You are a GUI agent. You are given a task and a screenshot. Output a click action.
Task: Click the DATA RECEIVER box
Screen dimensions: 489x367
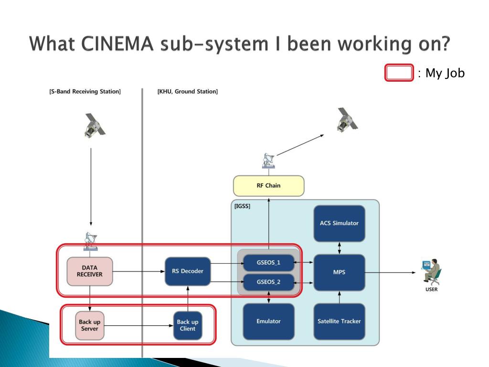[89, 271]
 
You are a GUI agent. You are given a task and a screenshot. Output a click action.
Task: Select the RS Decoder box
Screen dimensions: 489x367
[187, 271]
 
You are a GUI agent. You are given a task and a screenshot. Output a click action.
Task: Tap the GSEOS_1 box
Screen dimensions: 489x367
[268, 263]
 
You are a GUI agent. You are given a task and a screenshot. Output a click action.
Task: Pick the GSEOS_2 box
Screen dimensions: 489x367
[268, 282]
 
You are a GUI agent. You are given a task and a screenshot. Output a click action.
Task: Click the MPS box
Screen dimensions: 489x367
[340, 272]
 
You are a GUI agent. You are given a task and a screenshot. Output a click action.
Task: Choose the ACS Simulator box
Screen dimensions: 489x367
[340, 224]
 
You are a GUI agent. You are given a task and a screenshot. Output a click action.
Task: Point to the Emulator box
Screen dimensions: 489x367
[268, 322]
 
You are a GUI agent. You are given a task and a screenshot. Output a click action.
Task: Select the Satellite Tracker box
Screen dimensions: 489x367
[340, 322]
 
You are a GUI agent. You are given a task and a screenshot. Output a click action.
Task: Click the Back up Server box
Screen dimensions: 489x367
[89, 325]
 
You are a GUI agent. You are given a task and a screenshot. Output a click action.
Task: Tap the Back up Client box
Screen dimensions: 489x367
[187, 325]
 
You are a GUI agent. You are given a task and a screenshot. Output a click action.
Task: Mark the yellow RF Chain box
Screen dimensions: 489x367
[268, 186]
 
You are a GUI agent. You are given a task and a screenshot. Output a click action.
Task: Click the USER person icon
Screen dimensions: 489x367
[432, 271]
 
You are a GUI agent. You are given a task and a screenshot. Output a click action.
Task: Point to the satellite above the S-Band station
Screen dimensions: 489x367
[95, 126]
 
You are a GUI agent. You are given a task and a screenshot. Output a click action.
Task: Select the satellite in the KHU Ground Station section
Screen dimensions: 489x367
[348, 120]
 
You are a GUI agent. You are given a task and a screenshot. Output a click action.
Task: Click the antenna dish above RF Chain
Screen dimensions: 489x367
[268, 161]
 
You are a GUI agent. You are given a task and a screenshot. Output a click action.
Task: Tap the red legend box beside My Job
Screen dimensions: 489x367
[399, 73]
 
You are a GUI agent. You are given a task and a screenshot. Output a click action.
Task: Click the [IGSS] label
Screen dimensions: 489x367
[242, 206]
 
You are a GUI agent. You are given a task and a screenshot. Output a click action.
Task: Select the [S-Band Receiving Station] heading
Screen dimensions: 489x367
[85, 91]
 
